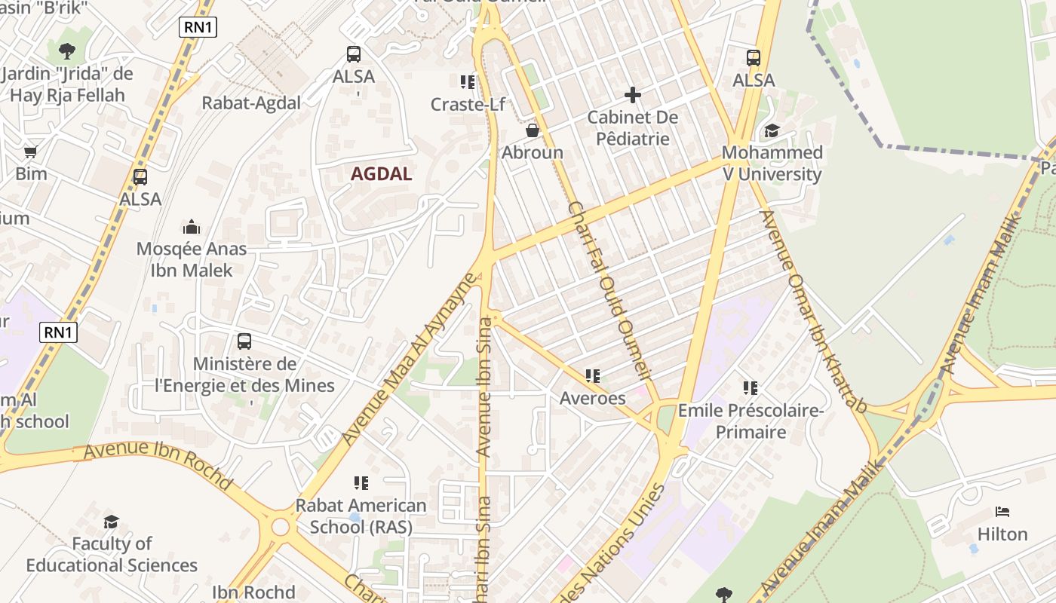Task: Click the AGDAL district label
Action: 381,174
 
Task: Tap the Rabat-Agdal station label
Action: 251,103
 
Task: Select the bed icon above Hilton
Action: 1002,512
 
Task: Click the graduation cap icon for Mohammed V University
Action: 771,131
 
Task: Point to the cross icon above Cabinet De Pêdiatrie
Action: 633,95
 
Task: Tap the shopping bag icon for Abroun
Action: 533,130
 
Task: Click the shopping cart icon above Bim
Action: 31,152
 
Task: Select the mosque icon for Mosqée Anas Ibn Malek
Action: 192,227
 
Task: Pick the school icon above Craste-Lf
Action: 468,81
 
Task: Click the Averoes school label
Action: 592,398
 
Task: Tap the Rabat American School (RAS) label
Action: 361,516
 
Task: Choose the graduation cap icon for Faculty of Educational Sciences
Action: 112,522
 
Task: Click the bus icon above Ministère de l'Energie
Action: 244,341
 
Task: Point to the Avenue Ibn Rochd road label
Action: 158,467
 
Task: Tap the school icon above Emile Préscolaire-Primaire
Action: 751,388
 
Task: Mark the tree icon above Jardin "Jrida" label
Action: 67,51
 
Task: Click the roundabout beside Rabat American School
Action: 281,526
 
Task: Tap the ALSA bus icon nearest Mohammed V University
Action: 754,58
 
